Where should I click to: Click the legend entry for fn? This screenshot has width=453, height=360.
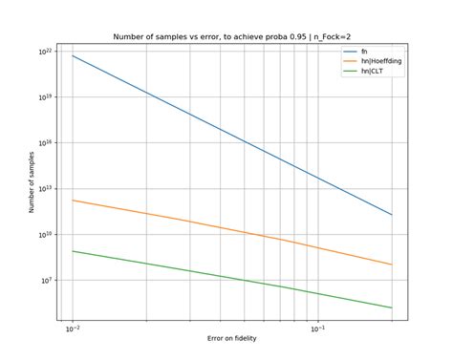click(364, 51)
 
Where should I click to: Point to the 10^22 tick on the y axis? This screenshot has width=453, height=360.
click(50, 51)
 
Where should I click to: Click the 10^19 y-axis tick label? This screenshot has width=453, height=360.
click(50, 96)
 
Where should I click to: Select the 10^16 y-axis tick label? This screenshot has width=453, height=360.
click(50, 142)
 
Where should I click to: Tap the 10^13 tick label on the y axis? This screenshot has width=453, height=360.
click(50, 188)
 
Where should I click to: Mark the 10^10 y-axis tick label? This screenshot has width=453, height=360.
click(50, 234)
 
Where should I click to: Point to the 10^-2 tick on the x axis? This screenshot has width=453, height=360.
click(73, 329)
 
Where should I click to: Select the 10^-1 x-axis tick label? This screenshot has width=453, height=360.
click(316, 329)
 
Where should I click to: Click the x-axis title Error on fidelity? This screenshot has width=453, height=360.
click(232, 339)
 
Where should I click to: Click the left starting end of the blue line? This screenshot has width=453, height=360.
click(73, 56)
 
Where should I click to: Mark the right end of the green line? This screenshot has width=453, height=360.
click(392, 307)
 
